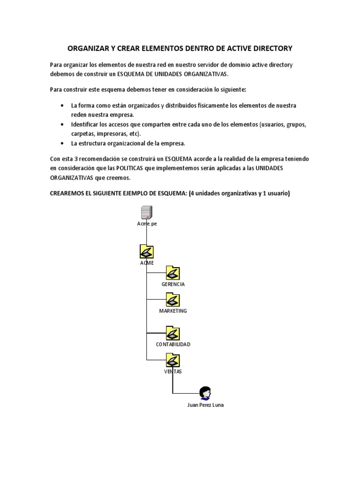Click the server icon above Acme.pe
[x=147, y=212]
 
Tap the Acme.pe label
[x=147, y=224]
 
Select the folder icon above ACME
[x=147, y=251]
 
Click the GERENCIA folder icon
[x=173, y=273]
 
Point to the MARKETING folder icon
[x=173, y=300]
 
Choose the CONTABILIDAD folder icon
[x=173, y=333]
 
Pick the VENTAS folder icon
[x=173, y=360]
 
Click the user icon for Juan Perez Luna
[x=205, y=393]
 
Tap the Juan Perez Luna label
[x=205, y=405]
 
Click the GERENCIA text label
[x=173, y=284]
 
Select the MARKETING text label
[x=173, y=311]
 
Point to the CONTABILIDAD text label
[x=173, y=344]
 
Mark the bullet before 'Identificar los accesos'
[x=62, y=125]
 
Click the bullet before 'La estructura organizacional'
[x=62, y=143]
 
